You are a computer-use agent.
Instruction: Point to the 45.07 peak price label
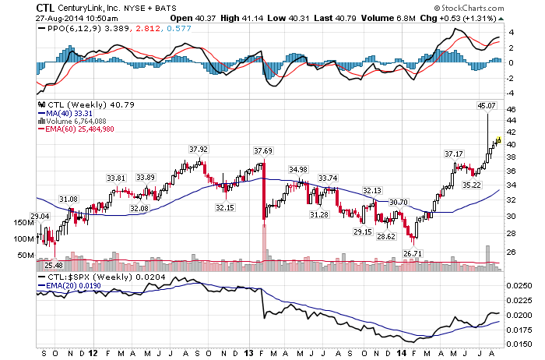point(486,104)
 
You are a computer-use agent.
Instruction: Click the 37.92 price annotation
point(199,149)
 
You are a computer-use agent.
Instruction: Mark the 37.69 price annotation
point(262,150)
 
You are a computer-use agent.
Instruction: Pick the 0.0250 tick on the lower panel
point(520,286)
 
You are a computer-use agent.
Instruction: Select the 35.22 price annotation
point(472,185)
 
